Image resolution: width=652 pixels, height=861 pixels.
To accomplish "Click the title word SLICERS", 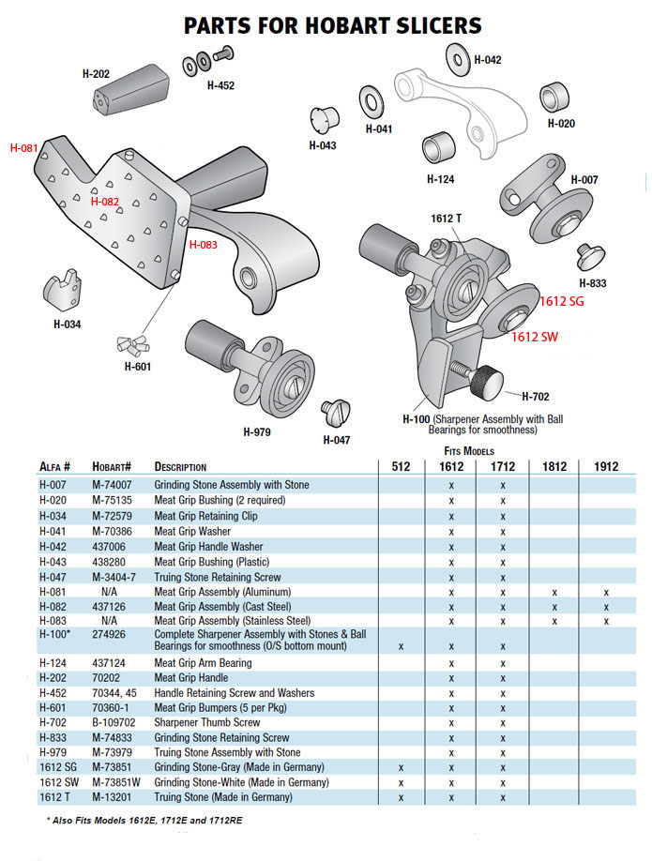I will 425,25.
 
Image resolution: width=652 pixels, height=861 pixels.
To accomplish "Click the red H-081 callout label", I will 24,148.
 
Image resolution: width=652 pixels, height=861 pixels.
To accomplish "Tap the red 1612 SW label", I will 535,337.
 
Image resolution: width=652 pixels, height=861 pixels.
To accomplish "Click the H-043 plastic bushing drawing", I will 324,120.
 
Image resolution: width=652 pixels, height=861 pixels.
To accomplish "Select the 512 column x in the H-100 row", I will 401,646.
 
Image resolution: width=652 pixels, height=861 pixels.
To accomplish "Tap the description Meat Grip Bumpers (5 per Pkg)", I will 220,708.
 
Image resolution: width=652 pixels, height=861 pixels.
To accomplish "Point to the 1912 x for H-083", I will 606,621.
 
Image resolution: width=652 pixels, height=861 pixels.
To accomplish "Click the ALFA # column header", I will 56,466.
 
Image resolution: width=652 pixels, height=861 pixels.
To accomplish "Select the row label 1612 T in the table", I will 55,797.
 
